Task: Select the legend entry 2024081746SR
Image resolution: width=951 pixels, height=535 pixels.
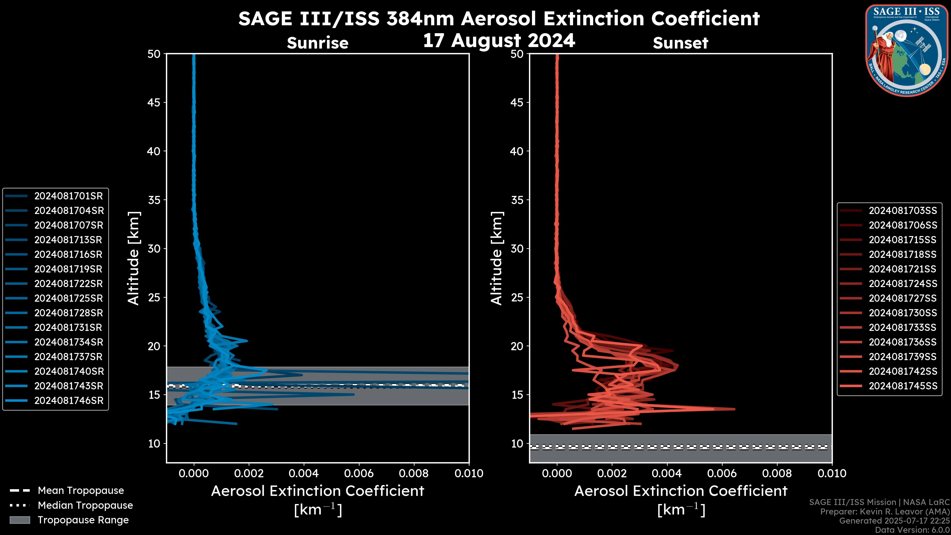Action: (69, 401)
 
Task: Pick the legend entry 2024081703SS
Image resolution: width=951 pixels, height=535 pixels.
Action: (903, 211)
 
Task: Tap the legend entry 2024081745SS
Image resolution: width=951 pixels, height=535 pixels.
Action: (903, 386)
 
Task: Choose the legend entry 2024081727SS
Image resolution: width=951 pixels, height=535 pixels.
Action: (903, 298)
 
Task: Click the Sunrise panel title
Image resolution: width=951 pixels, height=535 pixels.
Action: (317, 43)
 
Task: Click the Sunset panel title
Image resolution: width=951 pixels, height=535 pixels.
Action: (680, 43)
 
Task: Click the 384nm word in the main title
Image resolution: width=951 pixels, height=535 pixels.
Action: (420, 19)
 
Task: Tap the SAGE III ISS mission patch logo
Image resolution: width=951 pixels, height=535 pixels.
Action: (907, 50)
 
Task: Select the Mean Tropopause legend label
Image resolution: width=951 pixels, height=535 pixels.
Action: (81, 490)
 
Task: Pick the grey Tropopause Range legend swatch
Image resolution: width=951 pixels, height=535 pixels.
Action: (20, 520)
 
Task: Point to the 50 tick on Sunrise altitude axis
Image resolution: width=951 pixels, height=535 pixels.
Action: (154, 54)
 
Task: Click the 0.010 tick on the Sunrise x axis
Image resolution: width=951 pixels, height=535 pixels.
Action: (469, 473)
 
